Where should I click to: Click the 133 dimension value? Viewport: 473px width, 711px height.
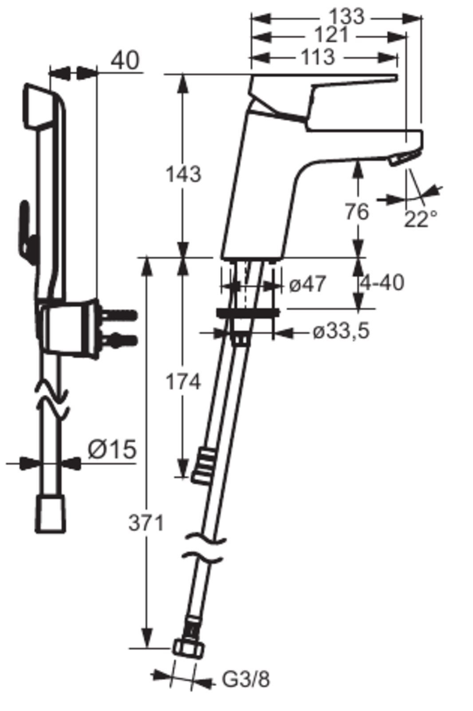point(347,16)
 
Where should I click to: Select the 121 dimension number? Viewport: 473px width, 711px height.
point(331,35)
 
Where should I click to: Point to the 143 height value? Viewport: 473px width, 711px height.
point(184,174)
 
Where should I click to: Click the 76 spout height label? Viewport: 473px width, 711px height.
point(357,212)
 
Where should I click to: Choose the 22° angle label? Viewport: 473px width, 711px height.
point(420,219)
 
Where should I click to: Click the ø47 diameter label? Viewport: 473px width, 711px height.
point(307,284)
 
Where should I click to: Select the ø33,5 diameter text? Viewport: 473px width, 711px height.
point(341,332)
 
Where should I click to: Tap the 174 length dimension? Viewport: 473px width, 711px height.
point(184,382)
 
